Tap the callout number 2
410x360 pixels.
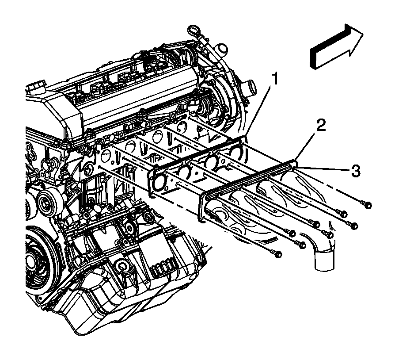point(320,126)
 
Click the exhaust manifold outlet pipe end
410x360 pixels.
point(324,261)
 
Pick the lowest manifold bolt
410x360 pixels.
point(277,254)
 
